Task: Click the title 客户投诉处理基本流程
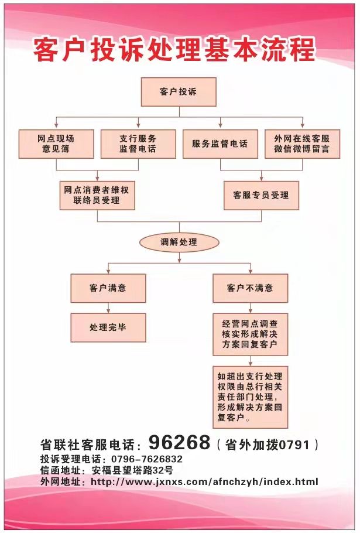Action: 174,50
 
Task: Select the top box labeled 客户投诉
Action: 179,92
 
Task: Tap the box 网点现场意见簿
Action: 56,143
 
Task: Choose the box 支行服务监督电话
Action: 138,143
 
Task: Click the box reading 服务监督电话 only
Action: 220,143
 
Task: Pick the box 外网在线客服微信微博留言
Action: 302,143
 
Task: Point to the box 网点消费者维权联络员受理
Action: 97,195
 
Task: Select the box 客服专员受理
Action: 261,195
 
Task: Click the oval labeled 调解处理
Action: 179,242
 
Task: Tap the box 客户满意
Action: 108,288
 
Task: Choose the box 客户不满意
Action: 251,288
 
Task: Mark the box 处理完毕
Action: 108,327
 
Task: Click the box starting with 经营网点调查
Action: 251,334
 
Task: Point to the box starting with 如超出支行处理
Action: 251,397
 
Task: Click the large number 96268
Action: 180,442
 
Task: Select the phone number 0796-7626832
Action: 147,459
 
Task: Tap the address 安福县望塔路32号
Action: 132,470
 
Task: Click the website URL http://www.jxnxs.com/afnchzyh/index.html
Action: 204,481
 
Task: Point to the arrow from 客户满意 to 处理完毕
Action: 108,308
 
